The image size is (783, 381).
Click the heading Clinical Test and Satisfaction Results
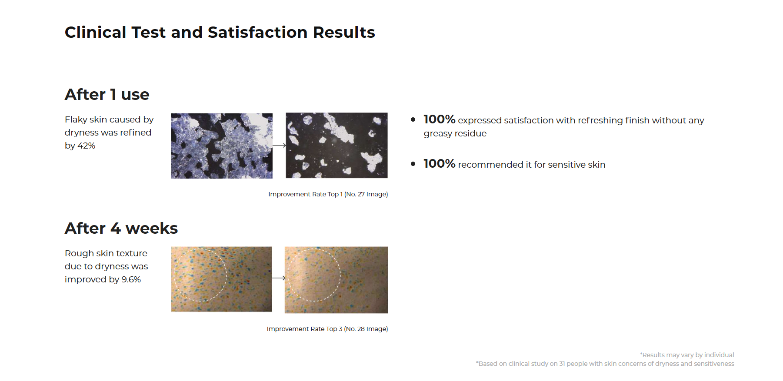click(220, 33)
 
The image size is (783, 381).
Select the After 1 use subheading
click(107, 94)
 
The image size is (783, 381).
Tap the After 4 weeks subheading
click(121, 228)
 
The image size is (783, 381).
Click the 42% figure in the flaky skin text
click(86, 146)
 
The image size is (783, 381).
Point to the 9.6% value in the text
click(131, 280)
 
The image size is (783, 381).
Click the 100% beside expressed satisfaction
click(439, 119)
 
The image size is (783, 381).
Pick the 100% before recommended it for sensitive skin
click(439, 163)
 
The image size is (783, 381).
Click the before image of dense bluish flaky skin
click(222, 146)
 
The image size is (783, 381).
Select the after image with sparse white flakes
click(337, 146)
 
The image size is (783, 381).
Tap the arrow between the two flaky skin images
click(279, 146)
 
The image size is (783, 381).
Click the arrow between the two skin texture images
click(279, 278)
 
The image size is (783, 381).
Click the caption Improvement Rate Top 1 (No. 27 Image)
click(328, 194)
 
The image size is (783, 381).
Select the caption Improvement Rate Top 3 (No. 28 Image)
click(327, 329)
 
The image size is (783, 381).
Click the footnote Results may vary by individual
click(687, 355)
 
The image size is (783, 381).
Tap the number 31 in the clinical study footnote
click(562, 364)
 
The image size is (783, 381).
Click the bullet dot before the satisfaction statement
click(413, 119)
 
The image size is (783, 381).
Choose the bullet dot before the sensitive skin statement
click(413, 164)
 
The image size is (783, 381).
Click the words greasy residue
click(455, 134)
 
